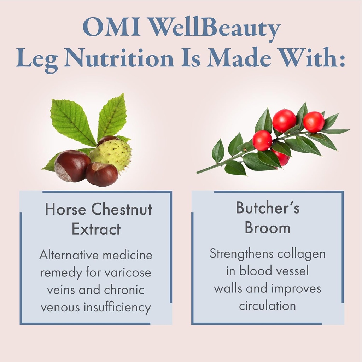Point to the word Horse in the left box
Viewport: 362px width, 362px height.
[x=65, y=209]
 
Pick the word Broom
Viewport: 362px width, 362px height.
[x=268, y=228]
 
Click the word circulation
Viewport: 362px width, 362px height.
[x=267, y=305]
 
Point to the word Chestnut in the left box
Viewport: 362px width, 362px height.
[x=122, y=209]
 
